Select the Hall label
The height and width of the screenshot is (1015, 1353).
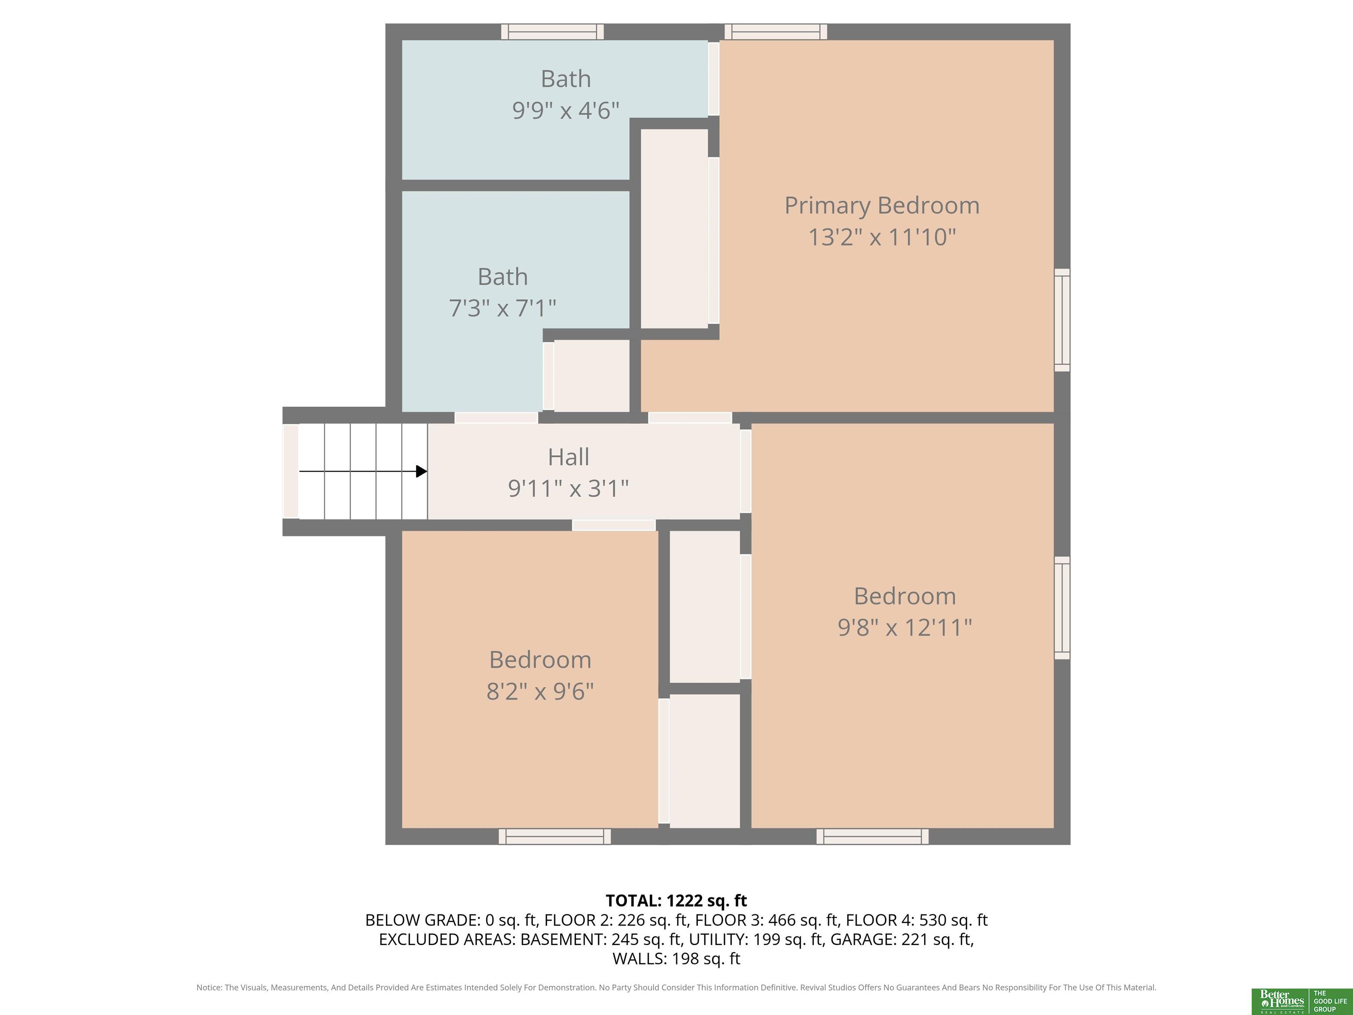coord(568,457)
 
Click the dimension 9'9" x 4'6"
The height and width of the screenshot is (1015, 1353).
coord(566,110)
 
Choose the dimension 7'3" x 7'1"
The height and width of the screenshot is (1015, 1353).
coord(503,308)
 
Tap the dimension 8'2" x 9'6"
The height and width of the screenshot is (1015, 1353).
coord(540,691)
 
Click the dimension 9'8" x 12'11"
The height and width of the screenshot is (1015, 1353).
coord(905,628)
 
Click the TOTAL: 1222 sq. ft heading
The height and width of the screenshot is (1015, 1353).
coord(676,900)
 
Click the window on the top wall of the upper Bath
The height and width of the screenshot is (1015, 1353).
coord(552,32)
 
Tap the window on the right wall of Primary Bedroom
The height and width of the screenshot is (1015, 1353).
coord(1062,320)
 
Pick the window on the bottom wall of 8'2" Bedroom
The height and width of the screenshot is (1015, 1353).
coord(555,836)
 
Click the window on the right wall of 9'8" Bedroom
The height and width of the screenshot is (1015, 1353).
coord(1062,608)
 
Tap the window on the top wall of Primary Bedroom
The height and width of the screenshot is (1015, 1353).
coord(776,32)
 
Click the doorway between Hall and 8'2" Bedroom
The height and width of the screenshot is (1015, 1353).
coord(614,525)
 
